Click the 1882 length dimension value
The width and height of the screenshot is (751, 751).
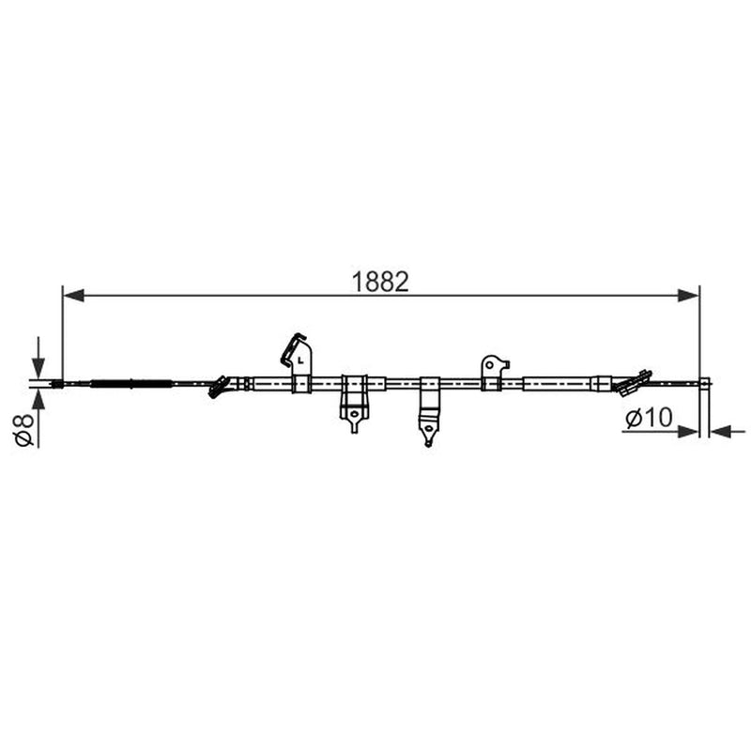(x=380, y=282)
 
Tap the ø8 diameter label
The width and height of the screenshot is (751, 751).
(x=25, y=430)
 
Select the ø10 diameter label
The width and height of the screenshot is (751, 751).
(x=649, y=418)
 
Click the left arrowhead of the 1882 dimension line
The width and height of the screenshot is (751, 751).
(x=73, y=296)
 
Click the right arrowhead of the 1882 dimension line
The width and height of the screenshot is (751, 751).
(x=689, y=296)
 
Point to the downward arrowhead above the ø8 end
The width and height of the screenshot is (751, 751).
(x=38, y=368)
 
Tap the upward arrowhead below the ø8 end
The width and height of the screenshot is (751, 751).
(x=38, y=398)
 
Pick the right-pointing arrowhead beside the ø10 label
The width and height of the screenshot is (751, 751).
(x=689, y=432)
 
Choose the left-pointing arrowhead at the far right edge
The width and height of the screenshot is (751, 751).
(x=721, y=432)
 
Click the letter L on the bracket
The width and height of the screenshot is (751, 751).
(x=300, y=360)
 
